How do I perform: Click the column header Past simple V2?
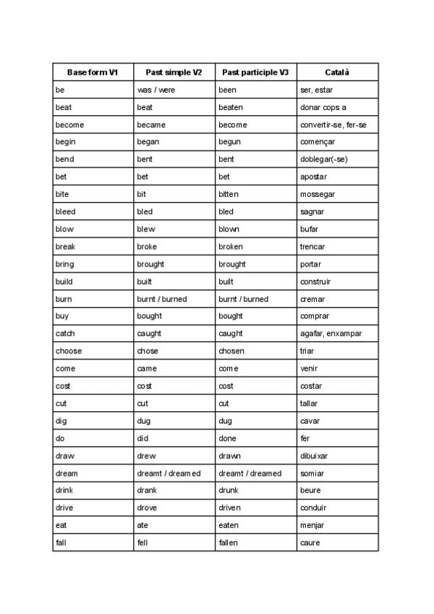pyautogui.click(x=174, y=72)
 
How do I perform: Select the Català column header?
pyautogui.click(x=337, y=72)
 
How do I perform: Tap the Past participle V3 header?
pyautogui.click(x=255, y=72)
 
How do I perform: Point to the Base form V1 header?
pyautogui.click(x=93, y=72)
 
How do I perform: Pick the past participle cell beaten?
pyautogui.click(x=231, y=107)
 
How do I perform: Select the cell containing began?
pyautogui.click(x=148, y=142)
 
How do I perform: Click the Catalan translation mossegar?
pyautogui.click(x=318, y=194)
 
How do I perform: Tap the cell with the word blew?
pyautogui.click(x=146, y=229)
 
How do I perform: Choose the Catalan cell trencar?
pyautogui.click(x=312, y=246)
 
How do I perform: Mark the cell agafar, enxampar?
pyautogui.click(x=331, y=334)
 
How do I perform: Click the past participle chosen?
pyautogui.click(x=231, y=351)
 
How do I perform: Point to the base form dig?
pyautogui.click(x=61, y=421)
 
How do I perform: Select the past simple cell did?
pyautogui.click(x=142, y=438)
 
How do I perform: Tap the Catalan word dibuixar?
pyautogui.click(x=314, y=455)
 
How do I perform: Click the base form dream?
pyautogui.click(x=67, y=473)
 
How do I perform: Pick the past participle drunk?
pyautogui.click(x=229, y=490)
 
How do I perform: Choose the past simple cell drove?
pyautogui.click(x=147, y=508)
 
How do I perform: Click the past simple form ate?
pyautogui.click(x=142, y=525)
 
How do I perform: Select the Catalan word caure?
pyautogui.click(x=310, y=542)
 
